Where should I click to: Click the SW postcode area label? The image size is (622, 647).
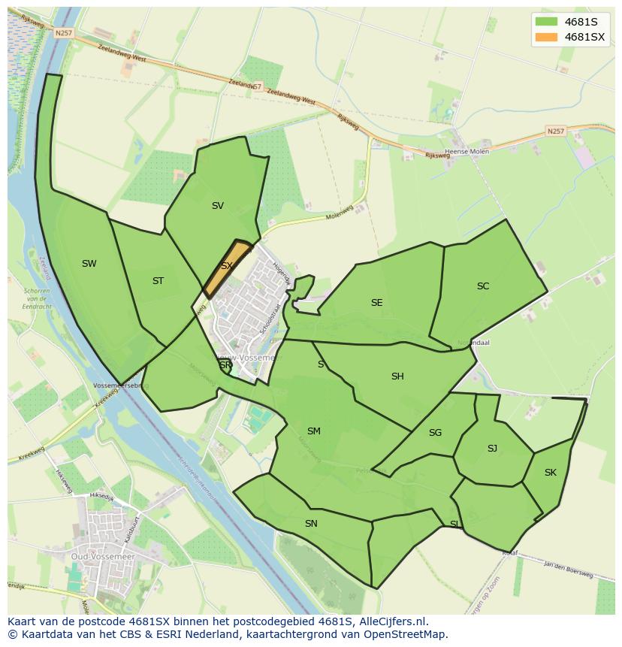point(89,263)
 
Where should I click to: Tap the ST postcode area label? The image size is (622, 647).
point(158,281)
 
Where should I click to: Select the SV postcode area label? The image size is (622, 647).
point(218,205)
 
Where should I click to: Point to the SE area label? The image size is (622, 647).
point(376,302)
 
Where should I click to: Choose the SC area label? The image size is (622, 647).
point(483,286)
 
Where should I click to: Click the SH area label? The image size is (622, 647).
point(397,376)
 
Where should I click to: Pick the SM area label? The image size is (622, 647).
point(314,431)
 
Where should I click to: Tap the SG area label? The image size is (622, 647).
point(435,432)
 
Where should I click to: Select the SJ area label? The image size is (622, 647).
point(492,448)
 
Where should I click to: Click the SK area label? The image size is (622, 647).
point(551,472)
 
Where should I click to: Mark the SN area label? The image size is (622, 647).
point(311,523)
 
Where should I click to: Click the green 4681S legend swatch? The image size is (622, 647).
point(546,22)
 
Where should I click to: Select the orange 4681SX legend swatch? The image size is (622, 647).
point(546,37)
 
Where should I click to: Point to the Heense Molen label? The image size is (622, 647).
point(468,152)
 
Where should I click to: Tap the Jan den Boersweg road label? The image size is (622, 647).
point(568,570)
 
